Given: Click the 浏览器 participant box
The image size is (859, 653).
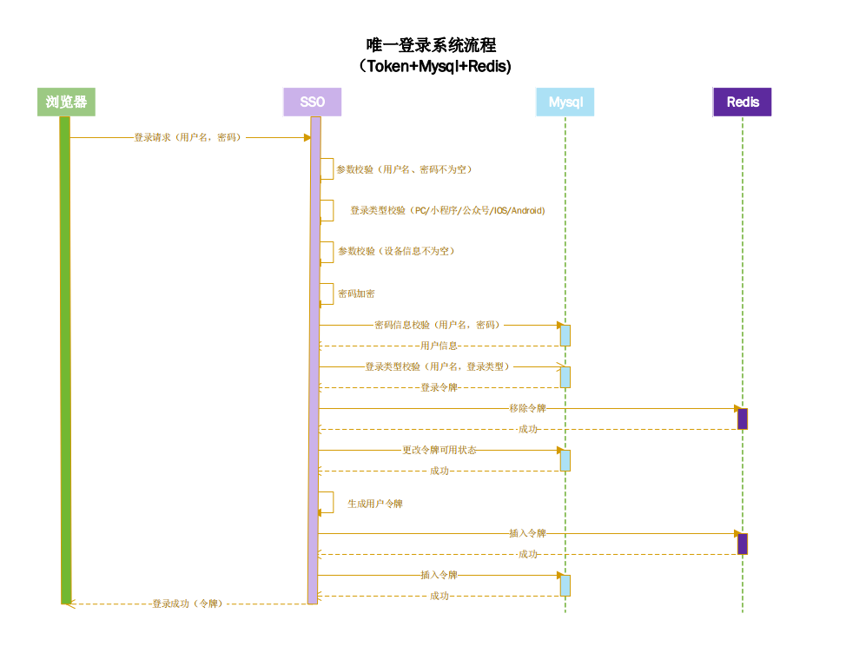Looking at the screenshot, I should click(x=66, y=102).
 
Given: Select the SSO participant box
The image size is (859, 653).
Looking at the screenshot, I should click(x=312, y=102).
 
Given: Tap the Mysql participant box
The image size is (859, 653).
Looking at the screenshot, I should click(x=565, y=102).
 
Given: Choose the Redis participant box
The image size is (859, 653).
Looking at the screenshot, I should click(x=742, y=102).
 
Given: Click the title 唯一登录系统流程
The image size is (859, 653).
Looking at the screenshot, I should click(x=431, y=45).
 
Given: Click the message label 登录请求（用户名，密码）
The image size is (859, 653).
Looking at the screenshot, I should click(x=188, y=137).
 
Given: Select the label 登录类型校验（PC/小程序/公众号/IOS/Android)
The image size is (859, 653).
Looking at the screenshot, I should click(x=447, y=210).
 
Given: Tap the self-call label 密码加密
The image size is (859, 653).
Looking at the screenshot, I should click(x=356, y=294).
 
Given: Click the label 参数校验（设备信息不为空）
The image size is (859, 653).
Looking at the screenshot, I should click(x=396, y=251).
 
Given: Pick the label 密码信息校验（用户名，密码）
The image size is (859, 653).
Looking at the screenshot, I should click(x=437, y=325).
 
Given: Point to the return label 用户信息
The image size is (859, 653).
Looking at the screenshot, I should click(x=439, y=346).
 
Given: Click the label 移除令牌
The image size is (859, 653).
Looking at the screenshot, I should click(x=527, y=408).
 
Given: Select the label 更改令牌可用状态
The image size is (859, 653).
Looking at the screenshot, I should click(x=439, y=450).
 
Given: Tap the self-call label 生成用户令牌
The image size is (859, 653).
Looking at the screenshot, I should click(x=375, y=504).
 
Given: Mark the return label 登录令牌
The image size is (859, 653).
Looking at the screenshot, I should click(x=439, y=387).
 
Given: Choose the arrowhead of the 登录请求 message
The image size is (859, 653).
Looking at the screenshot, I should click(x=306, y=137).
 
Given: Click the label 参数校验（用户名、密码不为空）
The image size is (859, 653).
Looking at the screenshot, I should click(x=405, y=169).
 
